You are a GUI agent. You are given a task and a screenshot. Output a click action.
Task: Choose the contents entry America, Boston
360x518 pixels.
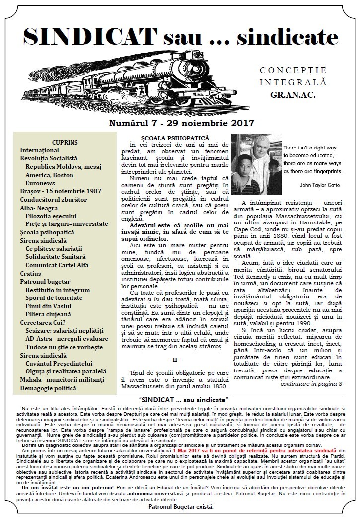pyautogui.click(x=49, y=175)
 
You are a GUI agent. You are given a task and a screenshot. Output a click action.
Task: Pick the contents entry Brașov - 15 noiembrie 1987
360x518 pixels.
pyautogui.click(x=61, y=191)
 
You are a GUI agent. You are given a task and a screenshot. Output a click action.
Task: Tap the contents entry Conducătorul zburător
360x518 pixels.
pyautogui.click(x=53, y=199)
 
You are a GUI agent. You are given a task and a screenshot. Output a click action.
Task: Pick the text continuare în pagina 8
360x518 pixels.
pyautogui.click(x=312, y=384)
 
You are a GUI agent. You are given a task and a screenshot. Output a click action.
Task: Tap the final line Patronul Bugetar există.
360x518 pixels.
pyautogui.click(x=181, y=507)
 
